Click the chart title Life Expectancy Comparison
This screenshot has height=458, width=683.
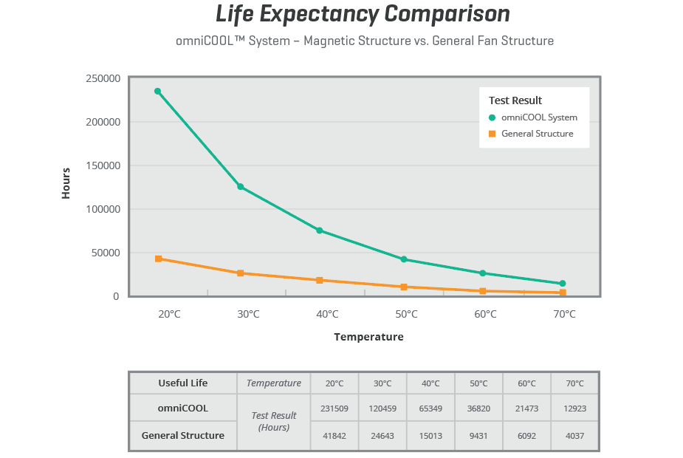point(363,14)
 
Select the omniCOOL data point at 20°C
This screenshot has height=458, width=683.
point(157,91)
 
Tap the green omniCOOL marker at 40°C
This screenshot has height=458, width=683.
point(320,230)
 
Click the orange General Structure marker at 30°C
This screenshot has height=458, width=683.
point(241,273)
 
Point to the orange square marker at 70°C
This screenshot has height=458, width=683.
point(563,293)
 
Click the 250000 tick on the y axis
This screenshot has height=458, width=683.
point(103,78)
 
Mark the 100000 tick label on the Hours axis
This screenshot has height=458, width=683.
point(103,209)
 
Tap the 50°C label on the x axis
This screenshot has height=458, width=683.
point(406,314)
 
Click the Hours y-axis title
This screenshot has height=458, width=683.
point(66,182)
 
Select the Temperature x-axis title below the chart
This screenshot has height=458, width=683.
point(368,337)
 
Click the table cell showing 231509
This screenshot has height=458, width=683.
point(334,408)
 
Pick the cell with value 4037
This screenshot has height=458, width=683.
point(574,436)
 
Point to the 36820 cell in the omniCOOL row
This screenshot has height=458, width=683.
point(478,408)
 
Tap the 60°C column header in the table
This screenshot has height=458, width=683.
point(526,383)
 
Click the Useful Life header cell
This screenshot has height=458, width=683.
point(183,383)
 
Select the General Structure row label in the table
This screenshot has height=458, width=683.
point(183,435)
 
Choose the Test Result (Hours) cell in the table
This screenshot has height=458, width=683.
point(274,422)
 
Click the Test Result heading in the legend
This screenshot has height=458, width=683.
point(515,100)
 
